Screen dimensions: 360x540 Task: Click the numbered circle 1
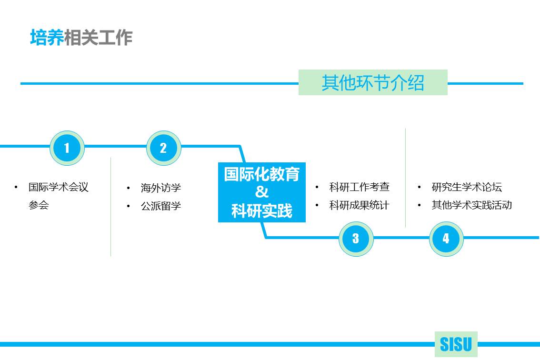click(67, 148)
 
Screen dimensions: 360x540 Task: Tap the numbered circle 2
click(163, 148)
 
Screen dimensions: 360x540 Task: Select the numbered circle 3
click(356, 238)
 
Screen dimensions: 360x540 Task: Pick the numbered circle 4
click(446, 238)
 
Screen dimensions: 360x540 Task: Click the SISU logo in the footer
click(456, 344)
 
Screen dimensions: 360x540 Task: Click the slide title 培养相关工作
click(81, 38)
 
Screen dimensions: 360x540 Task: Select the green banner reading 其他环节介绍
click(373, 82)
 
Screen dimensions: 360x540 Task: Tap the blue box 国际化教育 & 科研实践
click(261, 192)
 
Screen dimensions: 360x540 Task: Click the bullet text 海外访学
click(160, 188)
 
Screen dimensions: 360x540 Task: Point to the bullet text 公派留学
click(160, 206)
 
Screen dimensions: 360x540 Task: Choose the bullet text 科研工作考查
click(359, 187)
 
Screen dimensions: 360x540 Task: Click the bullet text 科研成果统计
click(359, 205)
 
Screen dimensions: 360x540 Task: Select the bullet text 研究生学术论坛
click(467, 187)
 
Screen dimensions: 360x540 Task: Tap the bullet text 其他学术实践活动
click(471, 205)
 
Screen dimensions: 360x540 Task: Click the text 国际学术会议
click(59, 187)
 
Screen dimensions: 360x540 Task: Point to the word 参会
click(39, 205)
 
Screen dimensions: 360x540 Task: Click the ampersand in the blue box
click(261, 192)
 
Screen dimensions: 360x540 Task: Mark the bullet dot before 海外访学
click(129, 189)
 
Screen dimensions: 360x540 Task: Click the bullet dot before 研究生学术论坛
click(419, 187)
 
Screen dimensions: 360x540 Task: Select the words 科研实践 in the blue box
click(261, 210)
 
